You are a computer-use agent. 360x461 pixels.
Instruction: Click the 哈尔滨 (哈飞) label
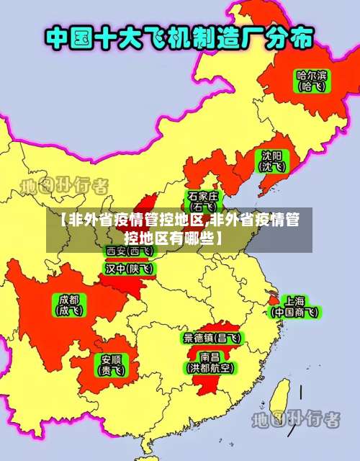tap(311, 80)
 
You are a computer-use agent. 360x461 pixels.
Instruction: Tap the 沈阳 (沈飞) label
tap(271, 161)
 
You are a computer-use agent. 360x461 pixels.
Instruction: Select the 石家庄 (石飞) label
tap(203, 201)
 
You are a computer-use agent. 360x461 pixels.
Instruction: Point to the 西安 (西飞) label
tap(128, 251)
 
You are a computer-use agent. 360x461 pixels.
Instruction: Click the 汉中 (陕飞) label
tap(128, 269)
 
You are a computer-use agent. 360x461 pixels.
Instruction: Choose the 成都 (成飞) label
tap(70, 305)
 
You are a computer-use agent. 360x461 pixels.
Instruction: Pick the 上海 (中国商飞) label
tap(294, 306)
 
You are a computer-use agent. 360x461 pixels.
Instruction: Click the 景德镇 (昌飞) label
tap(212, 337)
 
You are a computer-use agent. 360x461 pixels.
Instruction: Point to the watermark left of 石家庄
tap(64, 185)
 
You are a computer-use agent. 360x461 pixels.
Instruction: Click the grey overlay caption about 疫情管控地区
tap(180, 229)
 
